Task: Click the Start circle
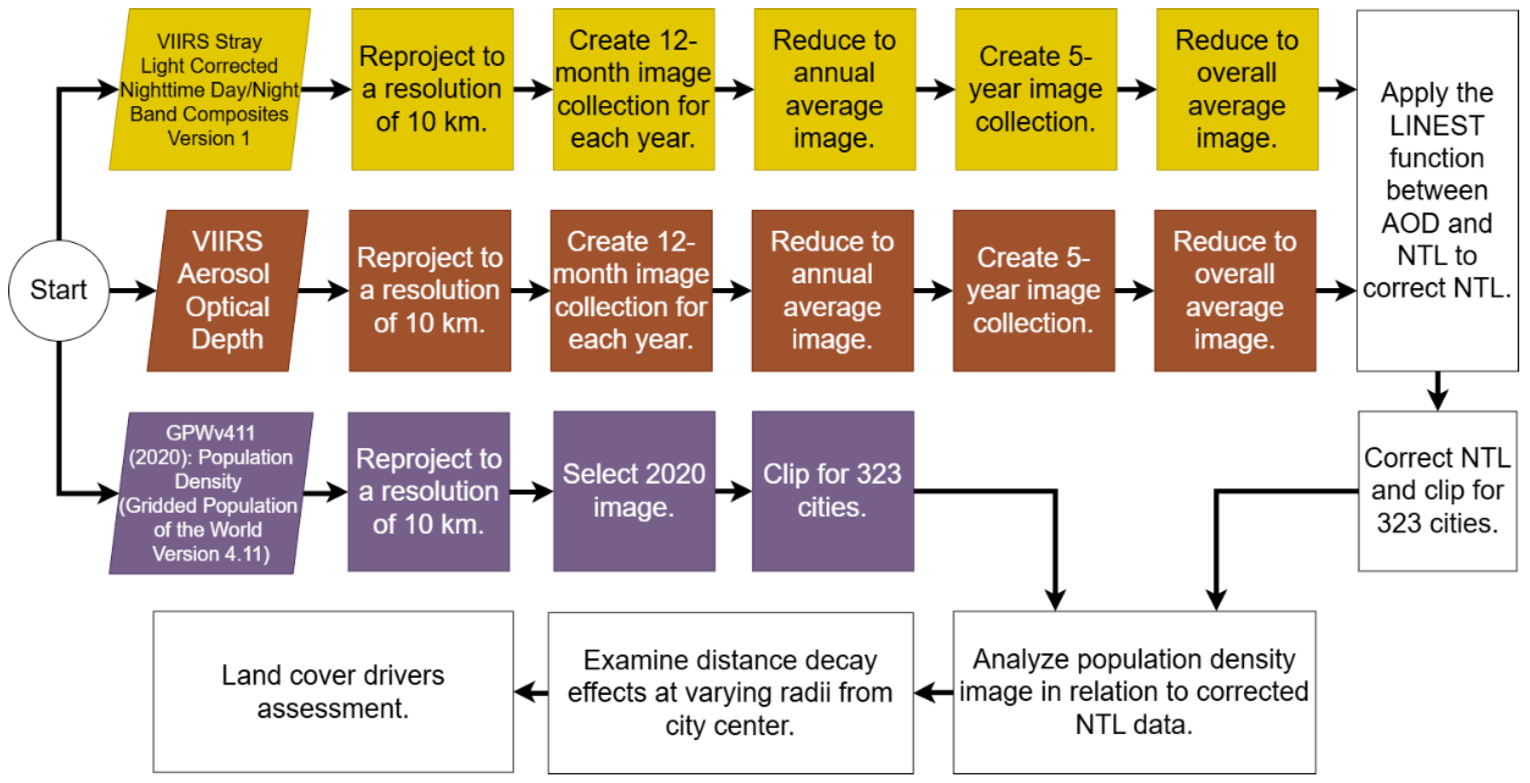[59, 290]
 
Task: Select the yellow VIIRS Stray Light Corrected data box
[209, 90]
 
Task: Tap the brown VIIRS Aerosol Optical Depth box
[227, 290]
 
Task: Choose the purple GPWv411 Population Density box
[210, 493]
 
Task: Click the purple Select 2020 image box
[634, 491]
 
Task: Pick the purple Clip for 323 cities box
[832, 491]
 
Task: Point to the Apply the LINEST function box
[1437, 190]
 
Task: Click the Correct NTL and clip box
[1437, 491]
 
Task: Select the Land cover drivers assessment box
[332, 692]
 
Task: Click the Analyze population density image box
[1134, 692]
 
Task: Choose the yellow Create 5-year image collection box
[1035, 90]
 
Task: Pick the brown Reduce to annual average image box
[832, 290]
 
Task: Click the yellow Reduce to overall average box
[1237, 90]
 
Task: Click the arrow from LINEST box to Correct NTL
[1437, 392]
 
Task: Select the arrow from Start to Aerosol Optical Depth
[132, 290]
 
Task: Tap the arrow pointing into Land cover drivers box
[531, 692]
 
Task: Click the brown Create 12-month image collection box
[631, 290]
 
